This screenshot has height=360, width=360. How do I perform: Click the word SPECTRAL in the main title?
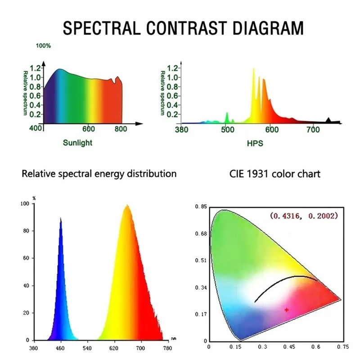102,28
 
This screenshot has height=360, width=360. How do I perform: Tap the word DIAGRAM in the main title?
268,28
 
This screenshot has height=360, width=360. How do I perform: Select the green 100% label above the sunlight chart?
43,46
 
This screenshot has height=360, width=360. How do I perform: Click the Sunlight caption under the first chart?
77,143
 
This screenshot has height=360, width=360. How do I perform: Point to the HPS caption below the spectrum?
255,144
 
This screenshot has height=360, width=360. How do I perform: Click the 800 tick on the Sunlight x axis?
121,129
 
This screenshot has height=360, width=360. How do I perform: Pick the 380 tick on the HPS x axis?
182,130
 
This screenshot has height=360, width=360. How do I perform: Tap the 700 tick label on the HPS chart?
313,130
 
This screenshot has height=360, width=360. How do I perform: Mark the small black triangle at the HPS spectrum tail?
328,120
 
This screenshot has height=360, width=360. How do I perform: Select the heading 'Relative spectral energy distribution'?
99,174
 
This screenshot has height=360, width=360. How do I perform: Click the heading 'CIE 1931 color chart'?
275,174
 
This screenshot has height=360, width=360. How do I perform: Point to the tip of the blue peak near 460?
61,218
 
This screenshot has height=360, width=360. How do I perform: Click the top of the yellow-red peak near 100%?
127,205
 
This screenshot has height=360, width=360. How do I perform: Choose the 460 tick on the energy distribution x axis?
60,348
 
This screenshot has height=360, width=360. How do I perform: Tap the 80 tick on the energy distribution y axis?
26,231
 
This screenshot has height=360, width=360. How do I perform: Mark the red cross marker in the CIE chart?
287,310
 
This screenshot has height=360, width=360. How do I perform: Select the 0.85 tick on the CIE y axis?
201,207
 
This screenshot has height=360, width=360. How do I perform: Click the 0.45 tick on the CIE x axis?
289,346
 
